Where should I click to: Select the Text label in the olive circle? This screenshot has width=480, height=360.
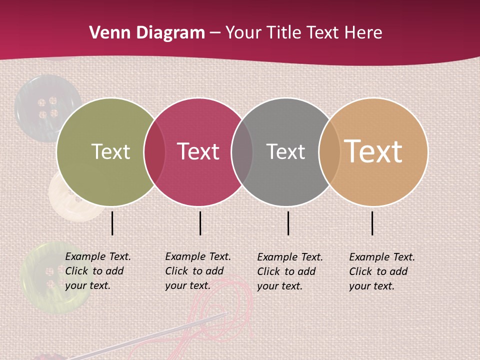[110, 151]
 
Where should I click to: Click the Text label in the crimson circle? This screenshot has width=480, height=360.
[198, 151]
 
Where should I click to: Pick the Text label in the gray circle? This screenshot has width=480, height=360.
[285, 151]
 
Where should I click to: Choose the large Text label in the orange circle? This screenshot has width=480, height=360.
[373, 151]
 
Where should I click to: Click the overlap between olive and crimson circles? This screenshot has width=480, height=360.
[154, 151]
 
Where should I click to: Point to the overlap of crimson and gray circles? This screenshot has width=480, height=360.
[242, 151]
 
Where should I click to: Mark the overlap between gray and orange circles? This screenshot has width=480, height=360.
[329, 151]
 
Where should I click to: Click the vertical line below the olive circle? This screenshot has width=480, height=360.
[112, 223]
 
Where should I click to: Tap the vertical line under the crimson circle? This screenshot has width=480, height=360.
[200, 223]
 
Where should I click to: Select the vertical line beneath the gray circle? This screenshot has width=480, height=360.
[288, 223]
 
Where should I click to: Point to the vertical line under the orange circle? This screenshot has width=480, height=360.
[372, 223]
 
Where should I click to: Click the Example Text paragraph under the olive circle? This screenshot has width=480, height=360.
[97, 271]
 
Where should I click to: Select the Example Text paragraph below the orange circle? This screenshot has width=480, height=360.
[381, 271]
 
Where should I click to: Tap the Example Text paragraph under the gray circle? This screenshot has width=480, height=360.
[289, 271]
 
